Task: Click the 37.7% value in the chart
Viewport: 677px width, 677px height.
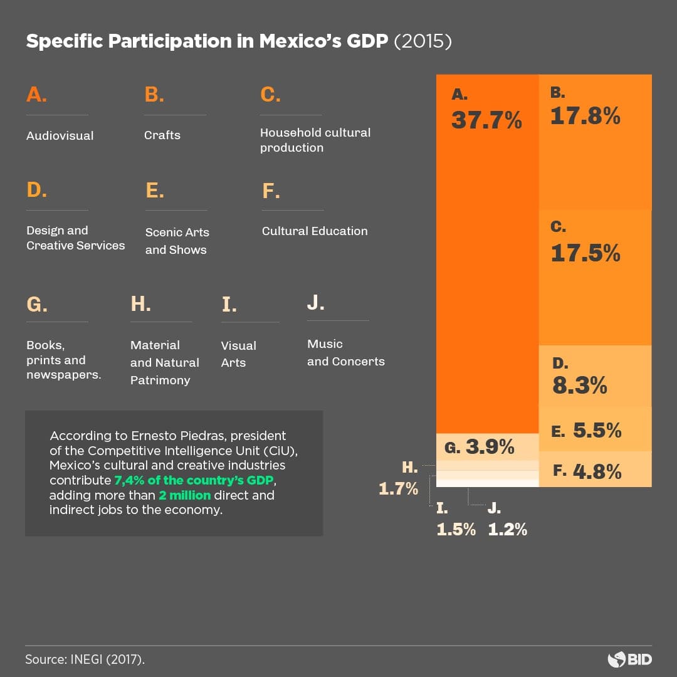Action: [x=486, y=120]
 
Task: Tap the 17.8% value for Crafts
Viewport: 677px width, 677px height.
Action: [x=585, y=116]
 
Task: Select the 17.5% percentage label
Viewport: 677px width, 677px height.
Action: [x=585, y=253]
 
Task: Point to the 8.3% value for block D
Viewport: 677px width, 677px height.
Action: [x=579, y=386]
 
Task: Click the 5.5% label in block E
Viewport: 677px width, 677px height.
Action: [x=596, y=431]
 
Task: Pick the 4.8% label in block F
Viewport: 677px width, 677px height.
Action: [x=597, y=471]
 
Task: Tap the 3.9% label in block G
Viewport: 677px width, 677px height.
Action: [x=490, y=448]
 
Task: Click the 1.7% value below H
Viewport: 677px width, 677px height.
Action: [x=398, y=489]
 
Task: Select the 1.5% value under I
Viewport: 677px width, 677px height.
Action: [x=456, y=530]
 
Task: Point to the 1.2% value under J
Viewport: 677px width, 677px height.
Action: [x=507, y=530]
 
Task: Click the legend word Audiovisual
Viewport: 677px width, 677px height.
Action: [x=60, y=135]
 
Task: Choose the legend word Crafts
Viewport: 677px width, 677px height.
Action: [x=162, y=135]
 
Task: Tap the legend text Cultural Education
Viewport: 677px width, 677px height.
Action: [x=315, y=231]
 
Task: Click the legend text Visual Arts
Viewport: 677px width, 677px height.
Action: [x=238, y=354]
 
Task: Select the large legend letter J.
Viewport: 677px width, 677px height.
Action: [x=315, y=303]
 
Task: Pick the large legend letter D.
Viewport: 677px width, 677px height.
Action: [x=36, y=189]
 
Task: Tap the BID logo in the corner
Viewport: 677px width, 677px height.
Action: [x=629, y=659]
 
